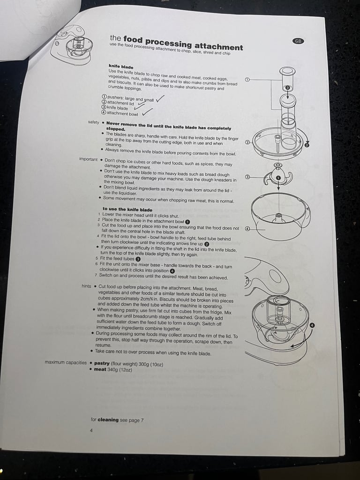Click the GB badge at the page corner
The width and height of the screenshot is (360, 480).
298,41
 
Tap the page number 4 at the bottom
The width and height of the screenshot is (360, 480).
91,430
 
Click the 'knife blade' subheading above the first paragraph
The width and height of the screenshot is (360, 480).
121,67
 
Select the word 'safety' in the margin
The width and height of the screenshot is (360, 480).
93,122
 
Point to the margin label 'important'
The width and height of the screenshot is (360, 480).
88,159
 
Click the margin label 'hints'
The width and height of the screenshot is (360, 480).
86,286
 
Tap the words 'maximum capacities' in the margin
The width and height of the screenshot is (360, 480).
66,362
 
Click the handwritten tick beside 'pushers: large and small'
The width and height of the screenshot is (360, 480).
159,98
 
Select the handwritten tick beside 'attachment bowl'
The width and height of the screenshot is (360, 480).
147,112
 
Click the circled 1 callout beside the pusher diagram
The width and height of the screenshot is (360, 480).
247,79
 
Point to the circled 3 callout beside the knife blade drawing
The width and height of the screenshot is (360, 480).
247,177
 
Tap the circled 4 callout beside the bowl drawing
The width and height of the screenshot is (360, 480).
247,228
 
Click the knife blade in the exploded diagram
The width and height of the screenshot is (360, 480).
277,176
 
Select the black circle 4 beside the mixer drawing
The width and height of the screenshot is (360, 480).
312,325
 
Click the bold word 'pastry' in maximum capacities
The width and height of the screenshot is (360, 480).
102,363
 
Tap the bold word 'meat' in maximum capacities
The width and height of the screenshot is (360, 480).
100,369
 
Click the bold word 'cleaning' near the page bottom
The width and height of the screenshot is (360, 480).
108,420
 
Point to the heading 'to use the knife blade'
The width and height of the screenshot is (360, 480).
127,210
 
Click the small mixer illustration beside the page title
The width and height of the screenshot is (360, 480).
72,45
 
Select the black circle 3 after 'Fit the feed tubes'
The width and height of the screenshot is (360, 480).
138,259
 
